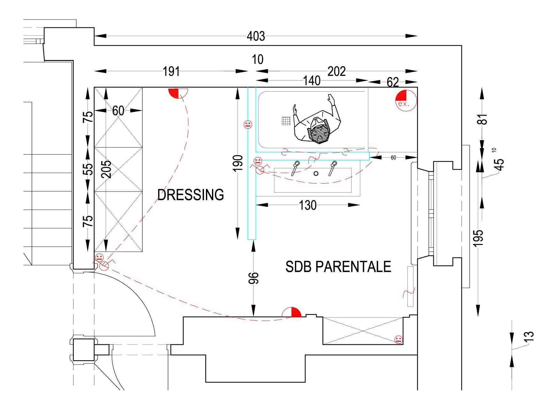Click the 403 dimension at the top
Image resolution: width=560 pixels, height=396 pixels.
(x=256, y=36)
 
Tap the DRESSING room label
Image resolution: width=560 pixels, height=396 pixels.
(x=191, y=194)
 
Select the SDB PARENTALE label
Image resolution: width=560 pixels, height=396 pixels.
(x=338, y=267)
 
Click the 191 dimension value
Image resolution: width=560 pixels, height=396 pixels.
(x=171, y=72)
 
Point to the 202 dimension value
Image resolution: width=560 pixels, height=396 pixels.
(x=337, y=71)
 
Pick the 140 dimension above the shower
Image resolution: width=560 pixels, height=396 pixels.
(x=312, y=81)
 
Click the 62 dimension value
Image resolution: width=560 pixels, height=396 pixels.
(x=393, y=83)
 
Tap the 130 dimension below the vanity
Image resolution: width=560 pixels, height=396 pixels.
(x=308, y=205)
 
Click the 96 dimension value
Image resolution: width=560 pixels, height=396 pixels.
(x=254, y=278)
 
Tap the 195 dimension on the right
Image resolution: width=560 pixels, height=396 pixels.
(x=478, y=238)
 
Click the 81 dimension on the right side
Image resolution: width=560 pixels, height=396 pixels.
(x=483, y=119)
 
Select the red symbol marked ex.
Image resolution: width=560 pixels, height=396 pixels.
(x=406, y=101)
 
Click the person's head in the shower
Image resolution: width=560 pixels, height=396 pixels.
(x=318, y=130)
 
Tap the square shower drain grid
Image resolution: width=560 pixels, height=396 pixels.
(x=286, y=121)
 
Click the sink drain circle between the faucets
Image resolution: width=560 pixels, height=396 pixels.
(x=316, y=173)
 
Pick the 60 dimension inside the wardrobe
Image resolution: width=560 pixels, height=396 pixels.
(x=118, y=110)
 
